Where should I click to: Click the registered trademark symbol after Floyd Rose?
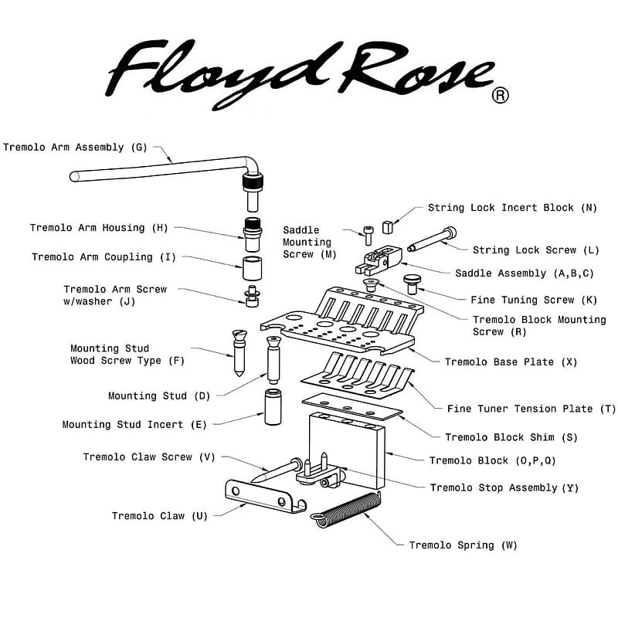[501, 96]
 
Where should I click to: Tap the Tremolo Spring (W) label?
[463, 545]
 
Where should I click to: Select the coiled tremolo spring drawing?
[349, 511]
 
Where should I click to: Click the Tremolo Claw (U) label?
[159, 516]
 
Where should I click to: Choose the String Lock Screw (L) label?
[535, 250]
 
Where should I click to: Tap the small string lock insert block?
[388, 226]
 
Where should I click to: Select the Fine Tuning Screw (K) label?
[523, 300]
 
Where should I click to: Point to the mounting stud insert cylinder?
[273, 407]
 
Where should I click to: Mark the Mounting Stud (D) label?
[158, 396]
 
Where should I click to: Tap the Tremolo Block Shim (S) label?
[511, 437]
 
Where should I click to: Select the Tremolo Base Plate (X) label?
[511, 362]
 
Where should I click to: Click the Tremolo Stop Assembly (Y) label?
[504, 488]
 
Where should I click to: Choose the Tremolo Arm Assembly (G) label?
[74, 148]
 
